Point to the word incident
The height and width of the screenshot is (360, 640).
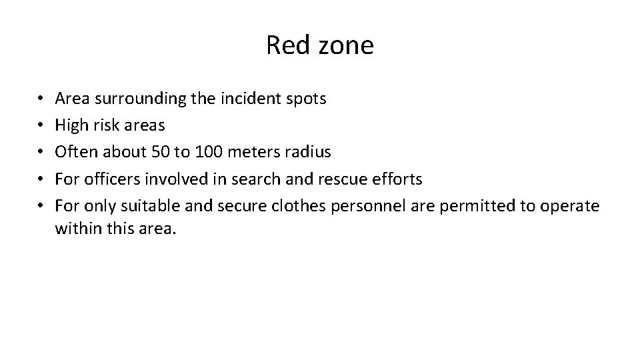click(x=255, y=99)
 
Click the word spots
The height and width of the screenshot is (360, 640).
click(x=307, y=100)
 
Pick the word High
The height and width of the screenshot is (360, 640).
click(x=70, y=125)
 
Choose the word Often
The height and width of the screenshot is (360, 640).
click(x=75, y=152)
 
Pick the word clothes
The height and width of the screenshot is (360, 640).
click(x=297, y=205)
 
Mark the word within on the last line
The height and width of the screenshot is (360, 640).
click(x=75, y=229)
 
